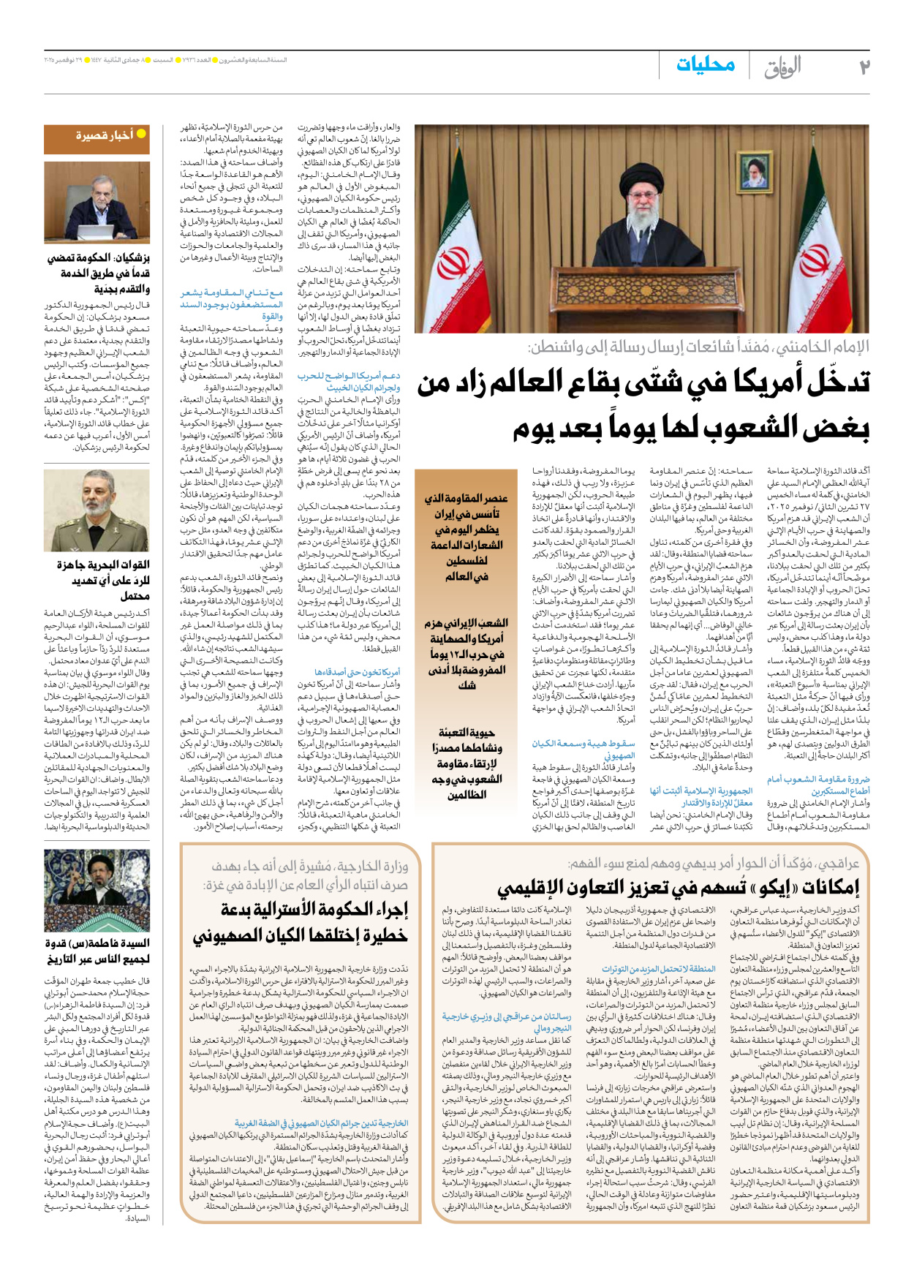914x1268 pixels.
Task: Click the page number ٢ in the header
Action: click(864, 67)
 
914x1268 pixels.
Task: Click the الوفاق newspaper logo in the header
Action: click(783, 67)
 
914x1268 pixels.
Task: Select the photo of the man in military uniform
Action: click(97, 512)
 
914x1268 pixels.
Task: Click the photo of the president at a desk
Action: click(97, 203)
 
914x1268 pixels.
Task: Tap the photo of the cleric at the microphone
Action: click(97, 890)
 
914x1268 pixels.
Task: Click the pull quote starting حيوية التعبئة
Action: click(467, 763)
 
